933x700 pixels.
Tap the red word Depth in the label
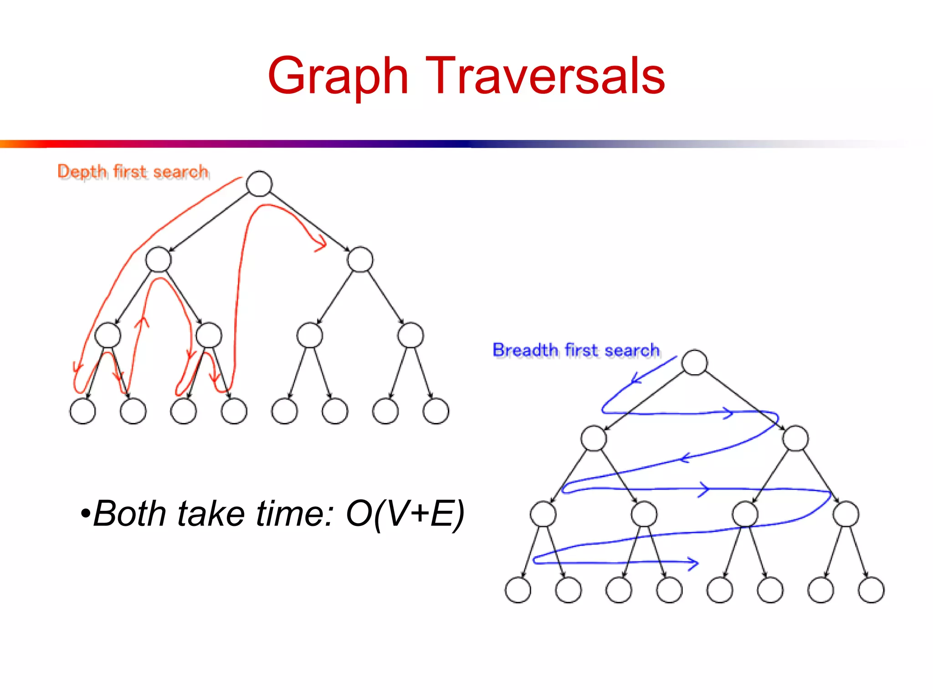82,172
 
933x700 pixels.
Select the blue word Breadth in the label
525,350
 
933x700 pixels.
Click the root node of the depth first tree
259,184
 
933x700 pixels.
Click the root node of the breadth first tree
694,362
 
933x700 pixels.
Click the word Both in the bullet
129,514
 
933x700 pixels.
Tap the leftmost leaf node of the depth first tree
82,411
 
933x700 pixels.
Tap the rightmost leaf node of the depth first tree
436,411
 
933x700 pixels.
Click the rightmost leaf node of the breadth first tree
871,590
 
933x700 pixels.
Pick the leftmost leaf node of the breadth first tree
518,590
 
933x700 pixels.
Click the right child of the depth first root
360,259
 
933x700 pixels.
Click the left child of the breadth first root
594,438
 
